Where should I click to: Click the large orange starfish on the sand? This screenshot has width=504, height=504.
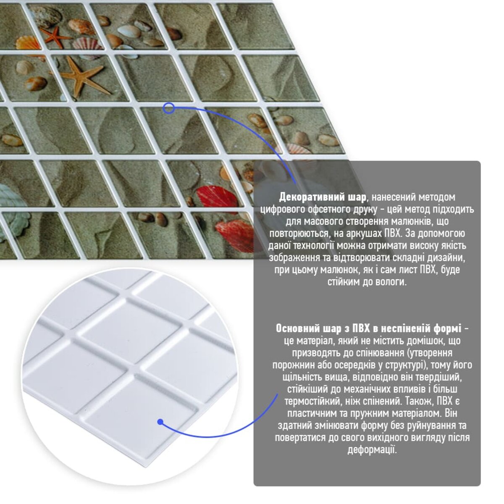[83, 76]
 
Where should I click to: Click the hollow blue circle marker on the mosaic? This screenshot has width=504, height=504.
[169, 108]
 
